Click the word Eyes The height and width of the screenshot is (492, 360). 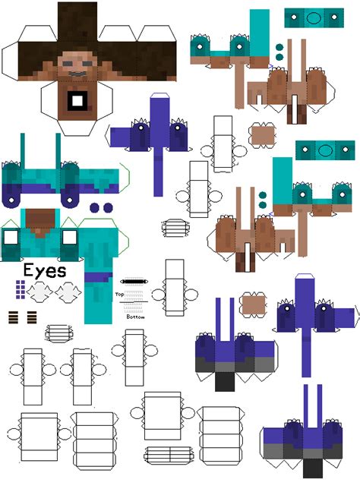pos(45,271)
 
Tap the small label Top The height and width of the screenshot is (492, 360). pos(119,295)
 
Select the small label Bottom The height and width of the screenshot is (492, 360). pos(136,317)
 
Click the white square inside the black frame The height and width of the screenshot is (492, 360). pos(77,101)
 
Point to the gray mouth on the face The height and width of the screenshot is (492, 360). pos(77,74)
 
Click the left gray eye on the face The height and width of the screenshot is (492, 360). pos(68,63)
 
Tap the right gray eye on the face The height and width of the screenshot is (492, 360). pos(87,63)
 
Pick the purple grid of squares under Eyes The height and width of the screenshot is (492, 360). pos(21,289)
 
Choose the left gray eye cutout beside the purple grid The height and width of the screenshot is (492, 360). pos(39,292)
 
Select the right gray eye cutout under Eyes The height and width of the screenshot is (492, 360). pos(68,292)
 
